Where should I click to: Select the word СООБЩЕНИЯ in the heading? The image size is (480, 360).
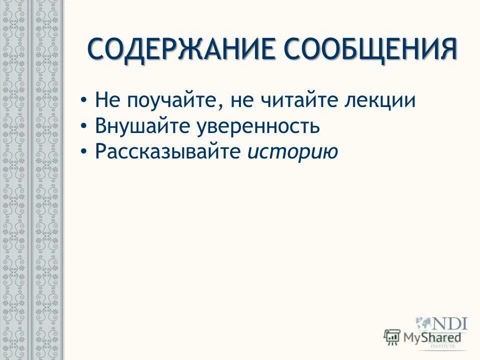370,49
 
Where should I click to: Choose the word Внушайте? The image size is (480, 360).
142,126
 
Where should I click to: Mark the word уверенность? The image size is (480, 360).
259,126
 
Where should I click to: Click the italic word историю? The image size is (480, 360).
292,151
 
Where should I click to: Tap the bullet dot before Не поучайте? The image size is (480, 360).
83,101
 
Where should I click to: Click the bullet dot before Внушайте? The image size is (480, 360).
83,126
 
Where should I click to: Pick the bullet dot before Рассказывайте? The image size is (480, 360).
83,152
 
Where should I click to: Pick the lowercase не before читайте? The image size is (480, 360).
240,100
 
